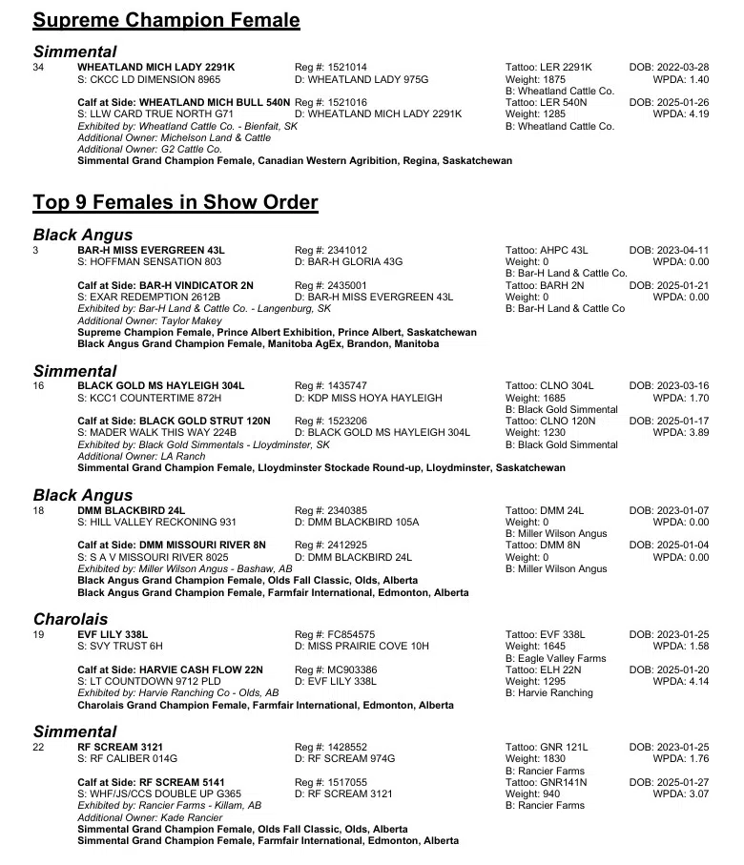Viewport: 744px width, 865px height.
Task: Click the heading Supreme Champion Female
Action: click(x=166, y=20)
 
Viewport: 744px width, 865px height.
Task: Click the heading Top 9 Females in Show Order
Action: click(x=176, y=202)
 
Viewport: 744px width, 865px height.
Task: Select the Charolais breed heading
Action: click(x=71, y=619)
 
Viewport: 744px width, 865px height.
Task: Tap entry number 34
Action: click(x=38, y=67)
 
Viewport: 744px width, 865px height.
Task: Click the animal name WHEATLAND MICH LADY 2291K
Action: click(x=155, y=67)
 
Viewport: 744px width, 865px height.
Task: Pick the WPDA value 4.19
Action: click(x=692, y=114)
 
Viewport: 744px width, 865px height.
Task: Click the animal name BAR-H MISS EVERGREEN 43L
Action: click(x=151, y=250)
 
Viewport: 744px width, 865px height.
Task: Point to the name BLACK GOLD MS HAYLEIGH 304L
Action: click(x=160, y=385)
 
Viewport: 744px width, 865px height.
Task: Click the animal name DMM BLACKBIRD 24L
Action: click(x=131, y=510)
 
